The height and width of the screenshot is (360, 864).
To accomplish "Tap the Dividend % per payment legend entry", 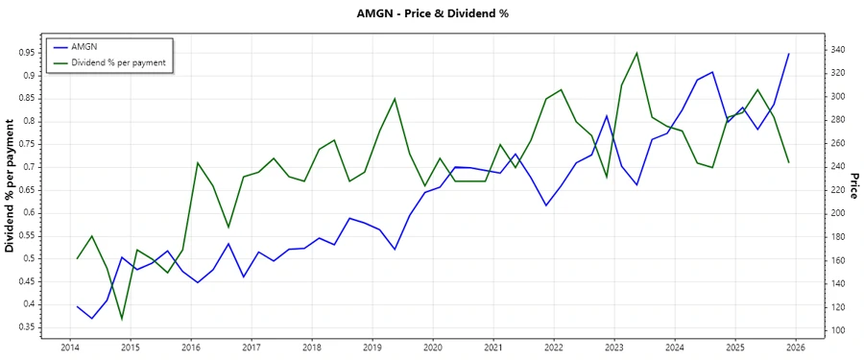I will coord(118,62).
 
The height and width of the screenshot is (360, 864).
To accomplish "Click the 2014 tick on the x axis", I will coord(69,347).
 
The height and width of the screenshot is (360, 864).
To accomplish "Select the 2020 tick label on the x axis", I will coord(432,347).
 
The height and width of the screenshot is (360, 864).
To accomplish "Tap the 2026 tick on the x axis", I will coord(795,347).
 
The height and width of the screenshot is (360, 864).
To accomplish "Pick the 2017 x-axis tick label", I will coord(251,347).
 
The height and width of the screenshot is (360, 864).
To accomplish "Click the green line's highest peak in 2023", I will coord(636,53).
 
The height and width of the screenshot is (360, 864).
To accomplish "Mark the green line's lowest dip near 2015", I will coord(122,319).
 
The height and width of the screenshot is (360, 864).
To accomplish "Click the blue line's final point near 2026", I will coord(788,54).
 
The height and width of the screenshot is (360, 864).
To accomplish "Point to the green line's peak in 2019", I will coord(395,98).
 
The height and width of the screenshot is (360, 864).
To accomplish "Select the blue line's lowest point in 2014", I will coord(92,319).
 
